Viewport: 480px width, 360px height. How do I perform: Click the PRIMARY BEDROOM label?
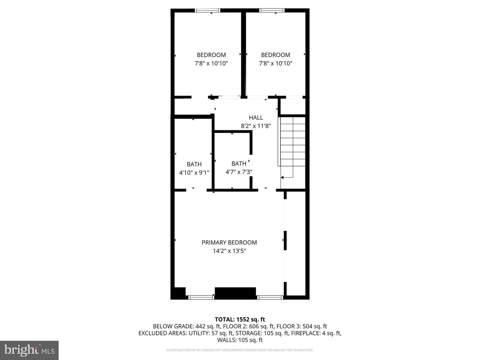[229, 242]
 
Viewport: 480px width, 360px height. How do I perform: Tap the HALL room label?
[256, 118]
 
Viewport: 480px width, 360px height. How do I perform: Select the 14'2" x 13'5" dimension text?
[229, 251]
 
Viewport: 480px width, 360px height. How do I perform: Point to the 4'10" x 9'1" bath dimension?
[194, 173]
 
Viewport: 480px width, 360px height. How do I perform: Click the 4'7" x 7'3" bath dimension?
[239, 172]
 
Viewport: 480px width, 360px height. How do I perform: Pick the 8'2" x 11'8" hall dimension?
[256, 126]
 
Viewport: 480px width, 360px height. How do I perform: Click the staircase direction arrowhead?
[282, 177]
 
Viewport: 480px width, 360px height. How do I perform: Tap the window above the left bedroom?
[208, 10]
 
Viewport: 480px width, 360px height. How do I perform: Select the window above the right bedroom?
[272, 10]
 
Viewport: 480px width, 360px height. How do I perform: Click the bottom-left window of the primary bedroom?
[201, 297]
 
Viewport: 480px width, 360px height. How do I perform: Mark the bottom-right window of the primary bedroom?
[270, 297]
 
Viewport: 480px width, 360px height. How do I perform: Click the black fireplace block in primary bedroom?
[235, 293]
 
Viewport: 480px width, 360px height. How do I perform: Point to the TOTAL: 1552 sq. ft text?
[240, 320]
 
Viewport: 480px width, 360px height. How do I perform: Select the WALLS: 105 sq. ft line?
[240, 340]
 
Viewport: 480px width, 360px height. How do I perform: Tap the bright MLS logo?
[29, 350]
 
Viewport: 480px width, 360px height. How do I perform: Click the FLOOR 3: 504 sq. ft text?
[302, 326]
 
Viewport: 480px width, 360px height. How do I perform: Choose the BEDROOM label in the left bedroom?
[211, 55]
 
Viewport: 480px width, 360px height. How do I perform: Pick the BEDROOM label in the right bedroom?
[276, 55]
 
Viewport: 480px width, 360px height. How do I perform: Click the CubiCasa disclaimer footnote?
[240, 350]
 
